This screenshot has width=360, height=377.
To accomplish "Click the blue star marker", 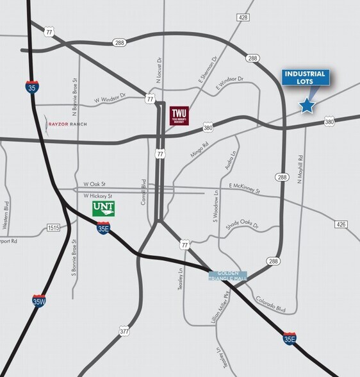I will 307,106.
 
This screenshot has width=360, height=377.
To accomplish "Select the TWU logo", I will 177,116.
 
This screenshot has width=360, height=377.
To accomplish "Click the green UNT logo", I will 103,208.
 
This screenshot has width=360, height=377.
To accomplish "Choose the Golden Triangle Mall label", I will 227,275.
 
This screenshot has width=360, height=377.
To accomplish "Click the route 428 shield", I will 242,17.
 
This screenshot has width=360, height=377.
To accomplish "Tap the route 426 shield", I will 341,224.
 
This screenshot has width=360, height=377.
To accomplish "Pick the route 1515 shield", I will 53,228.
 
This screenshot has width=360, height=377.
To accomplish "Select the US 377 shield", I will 124,331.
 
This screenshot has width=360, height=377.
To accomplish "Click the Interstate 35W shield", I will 39,300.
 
